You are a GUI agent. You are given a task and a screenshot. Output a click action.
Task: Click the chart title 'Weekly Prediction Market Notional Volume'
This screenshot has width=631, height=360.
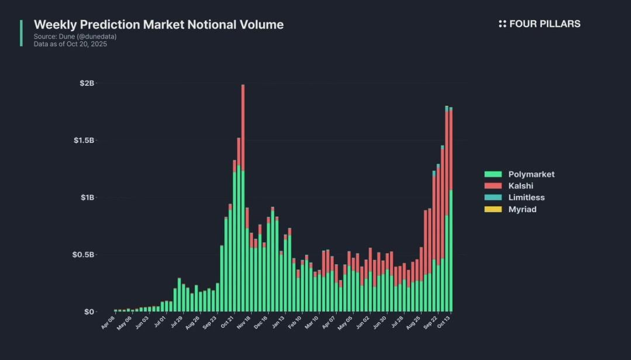click(x=158, y=25)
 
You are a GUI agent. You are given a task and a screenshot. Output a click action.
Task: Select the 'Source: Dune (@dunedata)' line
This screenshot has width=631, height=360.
click(x=75, y=36)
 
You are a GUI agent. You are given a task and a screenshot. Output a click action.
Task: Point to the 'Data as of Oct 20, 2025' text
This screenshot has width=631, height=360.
click(x=70, y=44)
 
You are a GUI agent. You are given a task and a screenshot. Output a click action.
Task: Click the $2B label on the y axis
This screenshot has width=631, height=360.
click(x=87, y=83)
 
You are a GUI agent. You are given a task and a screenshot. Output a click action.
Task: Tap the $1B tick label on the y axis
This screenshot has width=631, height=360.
click(x=87, y=198)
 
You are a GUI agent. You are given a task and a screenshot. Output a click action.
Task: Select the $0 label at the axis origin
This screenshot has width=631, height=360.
click(x=89, y=311)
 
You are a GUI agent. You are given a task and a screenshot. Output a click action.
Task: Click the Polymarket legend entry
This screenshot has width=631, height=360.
click(x=531, y=174)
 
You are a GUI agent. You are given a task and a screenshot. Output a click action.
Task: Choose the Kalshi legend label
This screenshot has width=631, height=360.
click(x=520, y=186)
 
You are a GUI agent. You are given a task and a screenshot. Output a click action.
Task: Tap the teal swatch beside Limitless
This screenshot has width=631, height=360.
click(x=493, y=198)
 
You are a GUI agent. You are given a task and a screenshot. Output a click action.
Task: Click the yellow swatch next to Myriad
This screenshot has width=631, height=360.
click(x=493, y=209)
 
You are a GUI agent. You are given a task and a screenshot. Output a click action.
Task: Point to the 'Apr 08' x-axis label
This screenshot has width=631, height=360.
click(x=108, y=323)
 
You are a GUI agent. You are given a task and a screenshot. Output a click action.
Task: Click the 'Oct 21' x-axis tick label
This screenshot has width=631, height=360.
click(x=227, y=323)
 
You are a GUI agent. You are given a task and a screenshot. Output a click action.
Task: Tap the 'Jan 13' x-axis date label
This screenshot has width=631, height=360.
click(x=278, y=323)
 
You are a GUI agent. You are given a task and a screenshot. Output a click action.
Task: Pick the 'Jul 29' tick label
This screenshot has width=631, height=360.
click(x=175, y=323)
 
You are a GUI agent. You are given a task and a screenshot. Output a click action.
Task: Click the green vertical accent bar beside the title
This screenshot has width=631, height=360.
click(x=22, y=33)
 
